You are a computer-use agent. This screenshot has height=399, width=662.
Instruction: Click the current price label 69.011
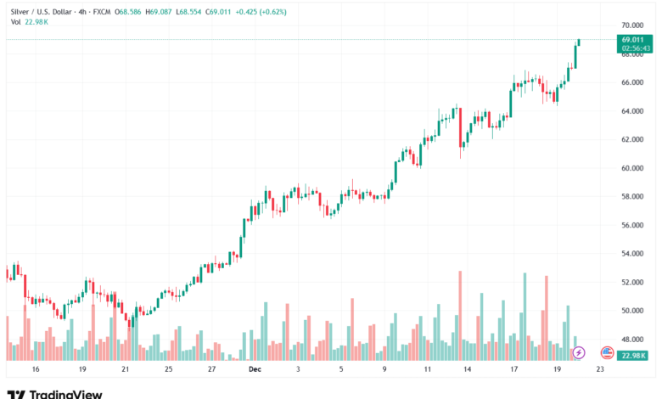click(632, 39)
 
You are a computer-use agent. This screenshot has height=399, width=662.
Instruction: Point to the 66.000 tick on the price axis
click(632, 82)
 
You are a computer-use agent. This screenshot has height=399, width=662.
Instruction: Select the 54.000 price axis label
click(632, 254)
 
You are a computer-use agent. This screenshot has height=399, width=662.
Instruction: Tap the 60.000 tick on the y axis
click(632, 168)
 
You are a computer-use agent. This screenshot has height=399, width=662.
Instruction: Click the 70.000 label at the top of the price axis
click(632, 25)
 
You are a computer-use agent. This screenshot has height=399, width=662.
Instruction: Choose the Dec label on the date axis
click(255, 369)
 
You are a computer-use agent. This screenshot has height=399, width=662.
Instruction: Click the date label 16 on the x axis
click(35, 369)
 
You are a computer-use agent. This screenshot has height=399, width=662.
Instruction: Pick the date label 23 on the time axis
click(600, 369)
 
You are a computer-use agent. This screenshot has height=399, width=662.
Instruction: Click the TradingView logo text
click(65, 394)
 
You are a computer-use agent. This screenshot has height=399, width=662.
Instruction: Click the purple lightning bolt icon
click(579, 352)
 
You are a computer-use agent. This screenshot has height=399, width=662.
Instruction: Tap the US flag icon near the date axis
click(607, 351)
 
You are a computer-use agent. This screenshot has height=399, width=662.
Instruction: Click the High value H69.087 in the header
click(159, 11)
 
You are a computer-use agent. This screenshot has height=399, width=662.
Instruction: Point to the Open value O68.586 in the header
click(127, 11)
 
